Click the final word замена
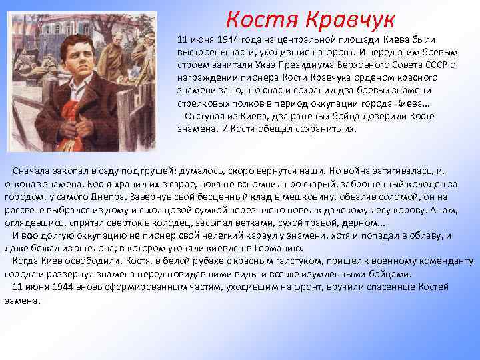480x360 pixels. (x=22, y=300)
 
